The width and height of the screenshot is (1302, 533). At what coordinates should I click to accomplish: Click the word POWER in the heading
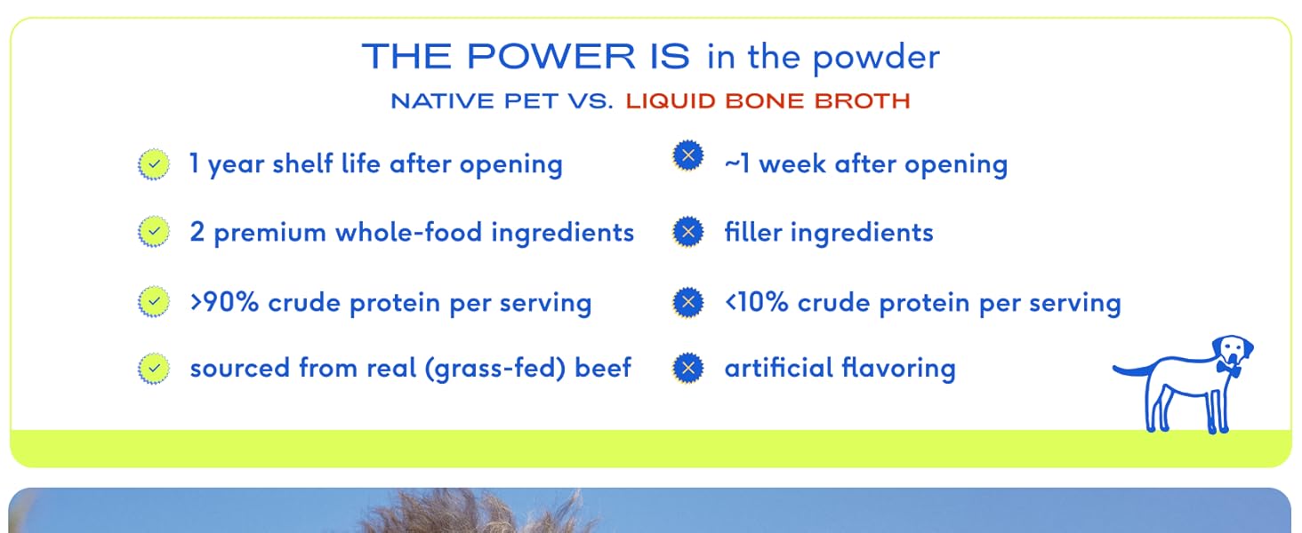pos(551,56)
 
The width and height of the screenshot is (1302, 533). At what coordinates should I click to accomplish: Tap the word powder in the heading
pos(875,59)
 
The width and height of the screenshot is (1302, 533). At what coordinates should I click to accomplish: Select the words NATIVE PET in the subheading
pos(474,101)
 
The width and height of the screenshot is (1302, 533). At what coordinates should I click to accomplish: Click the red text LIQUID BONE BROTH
pos(768,101)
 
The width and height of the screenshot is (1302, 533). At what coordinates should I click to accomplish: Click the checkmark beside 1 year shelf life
pos(154,164)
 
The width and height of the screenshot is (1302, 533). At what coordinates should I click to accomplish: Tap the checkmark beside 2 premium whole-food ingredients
pos(154,232)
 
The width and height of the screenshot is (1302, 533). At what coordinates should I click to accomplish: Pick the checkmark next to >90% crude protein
pos(154,301)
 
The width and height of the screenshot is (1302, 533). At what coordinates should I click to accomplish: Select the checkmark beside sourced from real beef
pos(154,368)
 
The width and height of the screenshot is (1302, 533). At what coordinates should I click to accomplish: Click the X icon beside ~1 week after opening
pos(688,155)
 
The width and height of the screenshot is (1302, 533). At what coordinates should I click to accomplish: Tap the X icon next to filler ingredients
pos(688,232)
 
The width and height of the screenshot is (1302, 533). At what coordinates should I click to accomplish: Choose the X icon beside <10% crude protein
pos(688,302)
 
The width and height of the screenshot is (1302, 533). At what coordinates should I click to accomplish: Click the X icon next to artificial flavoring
pos(688,368)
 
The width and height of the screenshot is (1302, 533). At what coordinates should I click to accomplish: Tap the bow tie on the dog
pos(1228,368)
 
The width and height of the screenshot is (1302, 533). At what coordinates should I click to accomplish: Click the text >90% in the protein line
pos(224,303)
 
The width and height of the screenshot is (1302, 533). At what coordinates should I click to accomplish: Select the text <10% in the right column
pos(757,303)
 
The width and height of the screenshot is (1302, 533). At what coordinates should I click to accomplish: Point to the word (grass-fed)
pos(495,369)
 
